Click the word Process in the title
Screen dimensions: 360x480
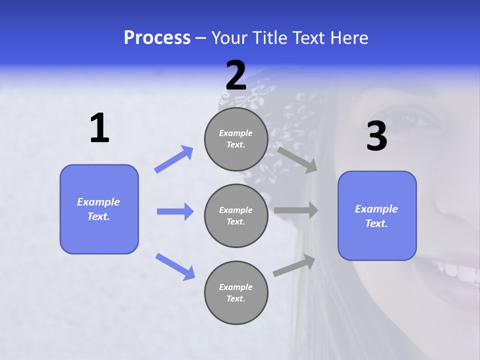(157, 37)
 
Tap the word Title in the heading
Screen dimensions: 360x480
(269, 37)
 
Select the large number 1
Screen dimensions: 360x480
(99, 128)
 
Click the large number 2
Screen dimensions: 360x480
(236, 75)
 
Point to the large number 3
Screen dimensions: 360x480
(376, 136)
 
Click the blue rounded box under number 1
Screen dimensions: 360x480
(99, 209)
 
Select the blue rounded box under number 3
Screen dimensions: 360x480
(377, 215)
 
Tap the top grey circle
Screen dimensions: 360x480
(236, 139)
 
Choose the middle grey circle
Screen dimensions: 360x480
(236, 215)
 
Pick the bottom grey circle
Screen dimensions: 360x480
(236, 292)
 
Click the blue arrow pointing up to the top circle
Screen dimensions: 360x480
(174, 159)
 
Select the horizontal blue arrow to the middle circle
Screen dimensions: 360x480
(175, 211)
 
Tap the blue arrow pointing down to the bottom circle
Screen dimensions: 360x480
(175, 266)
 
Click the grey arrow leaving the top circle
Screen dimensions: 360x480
(297, 159)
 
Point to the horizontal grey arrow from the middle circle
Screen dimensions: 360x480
(296, 210)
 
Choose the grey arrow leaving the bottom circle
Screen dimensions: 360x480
(294, 265)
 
